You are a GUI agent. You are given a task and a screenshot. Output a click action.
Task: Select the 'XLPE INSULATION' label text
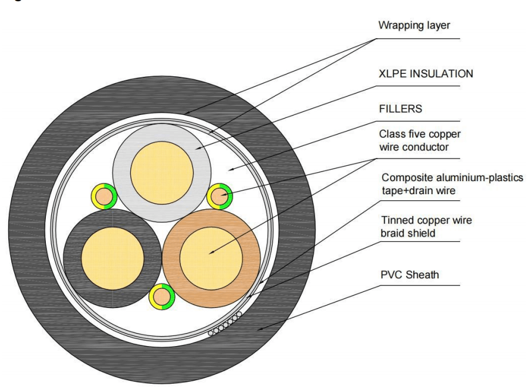point(426,74)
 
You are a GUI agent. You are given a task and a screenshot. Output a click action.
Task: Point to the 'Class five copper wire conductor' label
point(421,141)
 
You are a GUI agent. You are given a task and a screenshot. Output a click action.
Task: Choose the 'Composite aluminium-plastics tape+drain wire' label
point(452,183)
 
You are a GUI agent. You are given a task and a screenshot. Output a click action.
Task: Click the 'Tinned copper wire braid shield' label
point(426,226)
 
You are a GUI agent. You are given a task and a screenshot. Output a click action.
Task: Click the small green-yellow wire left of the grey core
point(102,196)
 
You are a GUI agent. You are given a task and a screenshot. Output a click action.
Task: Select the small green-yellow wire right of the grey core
point(219,195)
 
